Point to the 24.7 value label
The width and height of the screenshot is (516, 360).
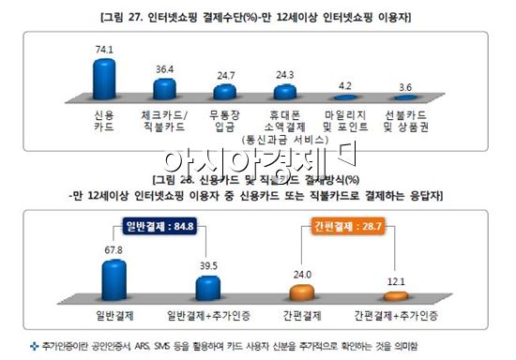pos(225,73)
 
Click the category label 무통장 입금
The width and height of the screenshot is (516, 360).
pos(225,120)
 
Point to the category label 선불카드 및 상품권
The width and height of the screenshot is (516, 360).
pos(405,120)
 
